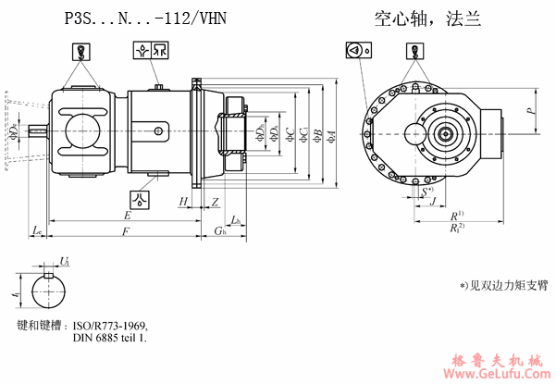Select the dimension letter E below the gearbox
[126, 215]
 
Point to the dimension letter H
[183, 201]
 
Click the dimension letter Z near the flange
[215, 201]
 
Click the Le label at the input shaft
[37, 229]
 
